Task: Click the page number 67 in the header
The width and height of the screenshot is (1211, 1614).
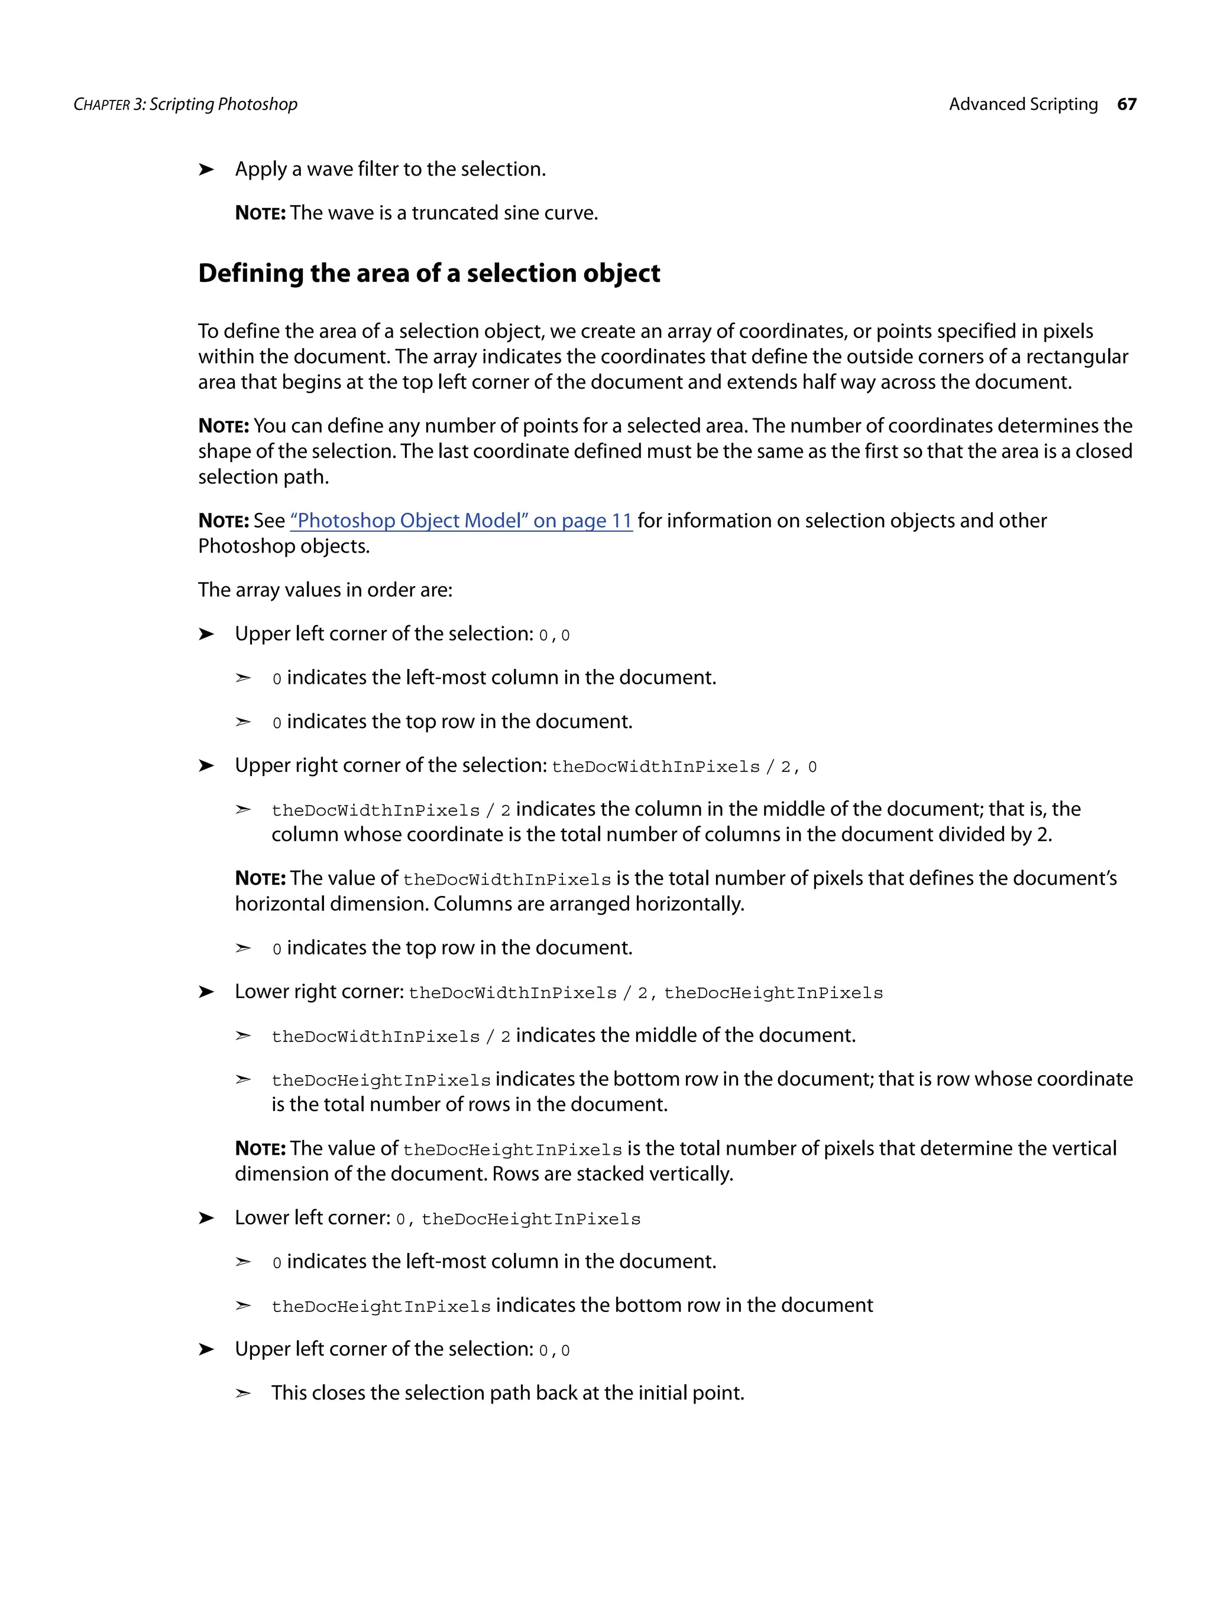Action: (x=1126, y=105)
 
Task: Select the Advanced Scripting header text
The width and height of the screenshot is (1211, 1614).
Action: (x=1023, y=105)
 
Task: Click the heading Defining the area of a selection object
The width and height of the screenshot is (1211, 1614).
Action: (x=429, y=273)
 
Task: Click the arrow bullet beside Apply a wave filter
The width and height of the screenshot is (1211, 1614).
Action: (x=206, y=169)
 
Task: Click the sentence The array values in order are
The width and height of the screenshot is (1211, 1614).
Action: (x=325, y=590)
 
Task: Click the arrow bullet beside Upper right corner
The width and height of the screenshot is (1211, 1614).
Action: (x=206, y=765)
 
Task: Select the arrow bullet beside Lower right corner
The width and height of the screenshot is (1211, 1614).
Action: (x=206, y=992)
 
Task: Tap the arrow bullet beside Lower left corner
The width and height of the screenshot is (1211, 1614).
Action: (x=206, y=1218)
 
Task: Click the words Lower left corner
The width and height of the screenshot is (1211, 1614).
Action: (x=312, y=1218)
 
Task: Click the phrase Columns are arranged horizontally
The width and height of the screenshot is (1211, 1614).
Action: (x=588, y=904)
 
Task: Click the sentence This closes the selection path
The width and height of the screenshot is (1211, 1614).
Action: (x=507, y=1393)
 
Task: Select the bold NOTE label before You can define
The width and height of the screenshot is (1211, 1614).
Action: (x=224, y=426)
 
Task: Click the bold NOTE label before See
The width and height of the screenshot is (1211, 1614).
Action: (x=224, y=521)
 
